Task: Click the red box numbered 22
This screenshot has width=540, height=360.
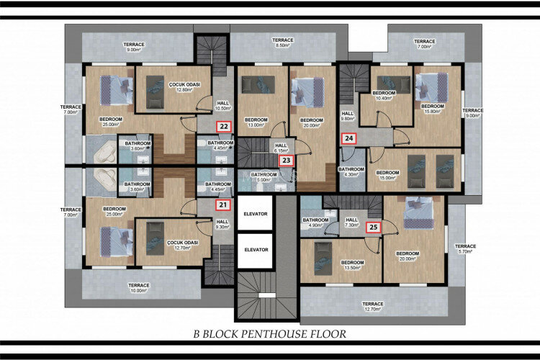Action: tap(225, 127)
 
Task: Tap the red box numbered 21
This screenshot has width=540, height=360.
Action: tap(224, 204)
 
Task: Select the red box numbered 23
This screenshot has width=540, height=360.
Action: tap(287, 161)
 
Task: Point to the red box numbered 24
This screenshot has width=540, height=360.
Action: tap(348, 138)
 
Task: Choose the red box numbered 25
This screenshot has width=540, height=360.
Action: tap(373, 227)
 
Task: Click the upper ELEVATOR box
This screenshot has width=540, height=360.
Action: tap(255, 214)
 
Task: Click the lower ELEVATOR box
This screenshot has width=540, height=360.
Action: tap(255, 250)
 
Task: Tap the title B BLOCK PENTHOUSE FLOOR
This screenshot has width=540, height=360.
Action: tap(269, 334)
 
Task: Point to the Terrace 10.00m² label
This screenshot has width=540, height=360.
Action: tap(140, 288)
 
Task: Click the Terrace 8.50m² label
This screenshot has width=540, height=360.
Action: tap(283, 42)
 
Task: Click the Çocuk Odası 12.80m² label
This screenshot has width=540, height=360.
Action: tap(184, 88)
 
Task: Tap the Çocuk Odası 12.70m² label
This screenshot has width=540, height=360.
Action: tap(182, 246)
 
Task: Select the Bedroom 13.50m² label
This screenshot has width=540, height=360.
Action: tap(351, 266)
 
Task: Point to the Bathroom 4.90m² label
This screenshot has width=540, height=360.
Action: tap(315, 223)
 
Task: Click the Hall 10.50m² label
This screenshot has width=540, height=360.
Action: tap(223, 106)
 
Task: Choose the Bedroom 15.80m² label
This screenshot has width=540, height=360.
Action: tap(433, 109)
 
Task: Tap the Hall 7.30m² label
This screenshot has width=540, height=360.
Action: tap(351, 223)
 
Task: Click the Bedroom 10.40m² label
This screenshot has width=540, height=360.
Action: tap(383, 96)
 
